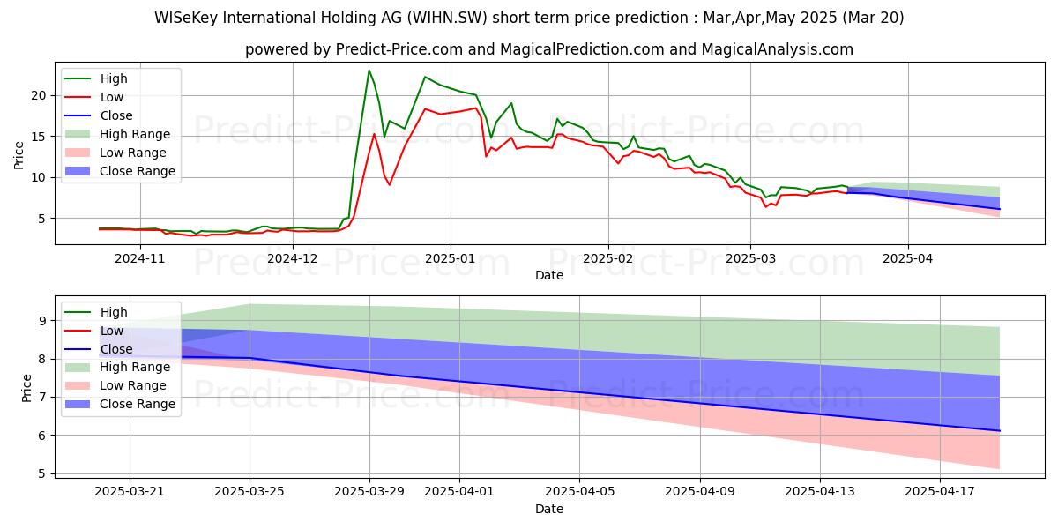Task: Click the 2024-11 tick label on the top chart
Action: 140,258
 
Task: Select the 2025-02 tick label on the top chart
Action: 608,258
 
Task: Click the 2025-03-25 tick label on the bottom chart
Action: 250,491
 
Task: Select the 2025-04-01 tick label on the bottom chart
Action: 459,491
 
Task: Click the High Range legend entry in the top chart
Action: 135,134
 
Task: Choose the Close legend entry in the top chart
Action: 116,115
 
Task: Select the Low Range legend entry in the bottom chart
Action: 133,386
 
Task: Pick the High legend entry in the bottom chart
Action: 114,312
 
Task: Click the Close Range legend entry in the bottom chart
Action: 138,405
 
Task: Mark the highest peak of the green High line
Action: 369,71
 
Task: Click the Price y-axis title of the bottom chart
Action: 26,387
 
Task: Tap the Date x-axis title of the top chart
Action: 549,275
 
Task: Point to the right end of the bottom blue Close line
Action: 1000,430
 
